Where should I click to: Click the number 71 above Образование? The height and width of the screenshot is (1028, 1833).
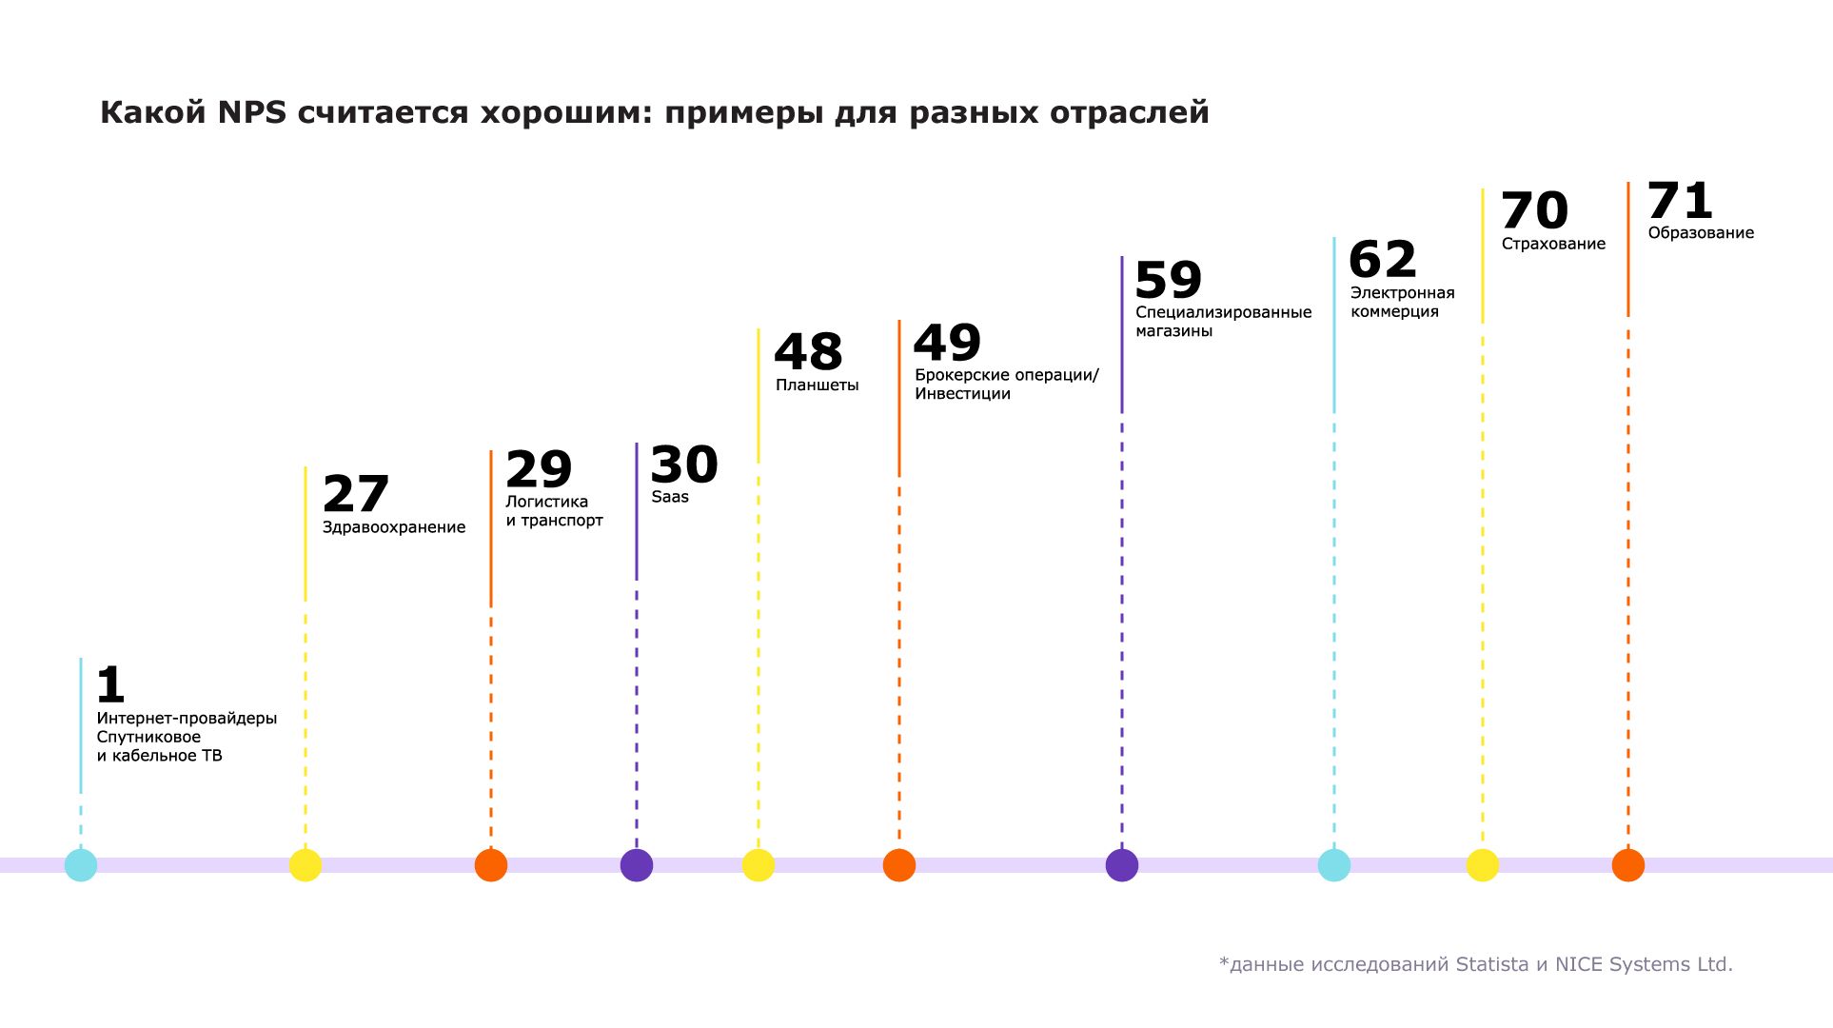pyautogui.click(x=1680, y=201)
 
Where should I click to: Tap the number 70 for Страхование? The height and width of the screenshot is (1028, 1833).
pyautogui.click(x=1534, y=210)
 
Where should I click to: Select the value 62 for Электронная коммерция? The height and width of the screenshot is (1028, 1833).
pyautogui.click(x=1383, y=259)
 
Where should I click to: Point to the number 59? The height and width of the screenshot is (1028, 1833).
pyautogui.click(x=1169, y=280)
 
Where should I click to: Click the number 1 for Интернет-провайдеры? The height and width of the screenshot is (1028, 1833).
pyautogui.click(x=111, y=684)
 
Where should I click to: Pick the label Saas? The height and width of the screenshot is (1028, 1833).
pyautogui.click(x=670, y=497)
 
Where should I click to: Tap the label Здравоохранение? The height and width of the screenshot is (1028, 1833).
pyautogui.click(x=394, y=527)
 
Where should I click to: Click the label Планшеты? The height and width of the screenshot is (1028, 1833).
pyautogui.click(x=818, y=385)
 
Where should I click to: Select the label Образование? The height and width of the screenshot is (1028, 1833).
pyautogui.click(x=1701, y=233)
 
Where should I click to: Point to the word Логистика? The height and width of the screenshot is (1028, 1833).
pyautogui.click(x=546, y=502)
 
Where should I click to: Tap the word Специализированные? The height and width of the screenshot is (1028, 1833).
pyautogui.click(x=1223, y=312)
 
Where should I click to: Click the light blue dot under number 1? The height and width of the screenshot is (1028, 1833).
pyautogui.click(x=81, y=865)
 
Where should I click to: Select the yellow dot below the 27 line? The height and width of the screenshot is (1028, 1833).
pyautogui.click(x=305, y=865)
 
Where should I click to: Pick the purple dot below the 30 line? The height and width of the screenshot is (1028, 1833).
pyautogui.click(x=637, y=865)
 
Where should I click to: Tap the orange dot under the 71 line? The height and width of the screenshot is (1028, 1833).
pyautogui.click(x=1628, y=865)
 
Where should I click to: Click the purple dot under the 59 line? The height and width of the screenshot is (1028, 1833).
pyautogui.click(x=1122, y=865)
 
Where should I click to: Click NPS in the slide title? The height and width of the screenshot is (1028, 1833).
pyautogui.click(x=251, y=112)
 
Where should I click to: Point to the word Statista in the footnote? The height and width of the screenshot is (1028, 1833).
pyautogui.click(x=1491, y=964)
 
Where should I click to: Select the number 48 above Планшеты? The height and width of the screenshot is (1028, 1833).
pyautogui.click(x=808, y=351)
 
